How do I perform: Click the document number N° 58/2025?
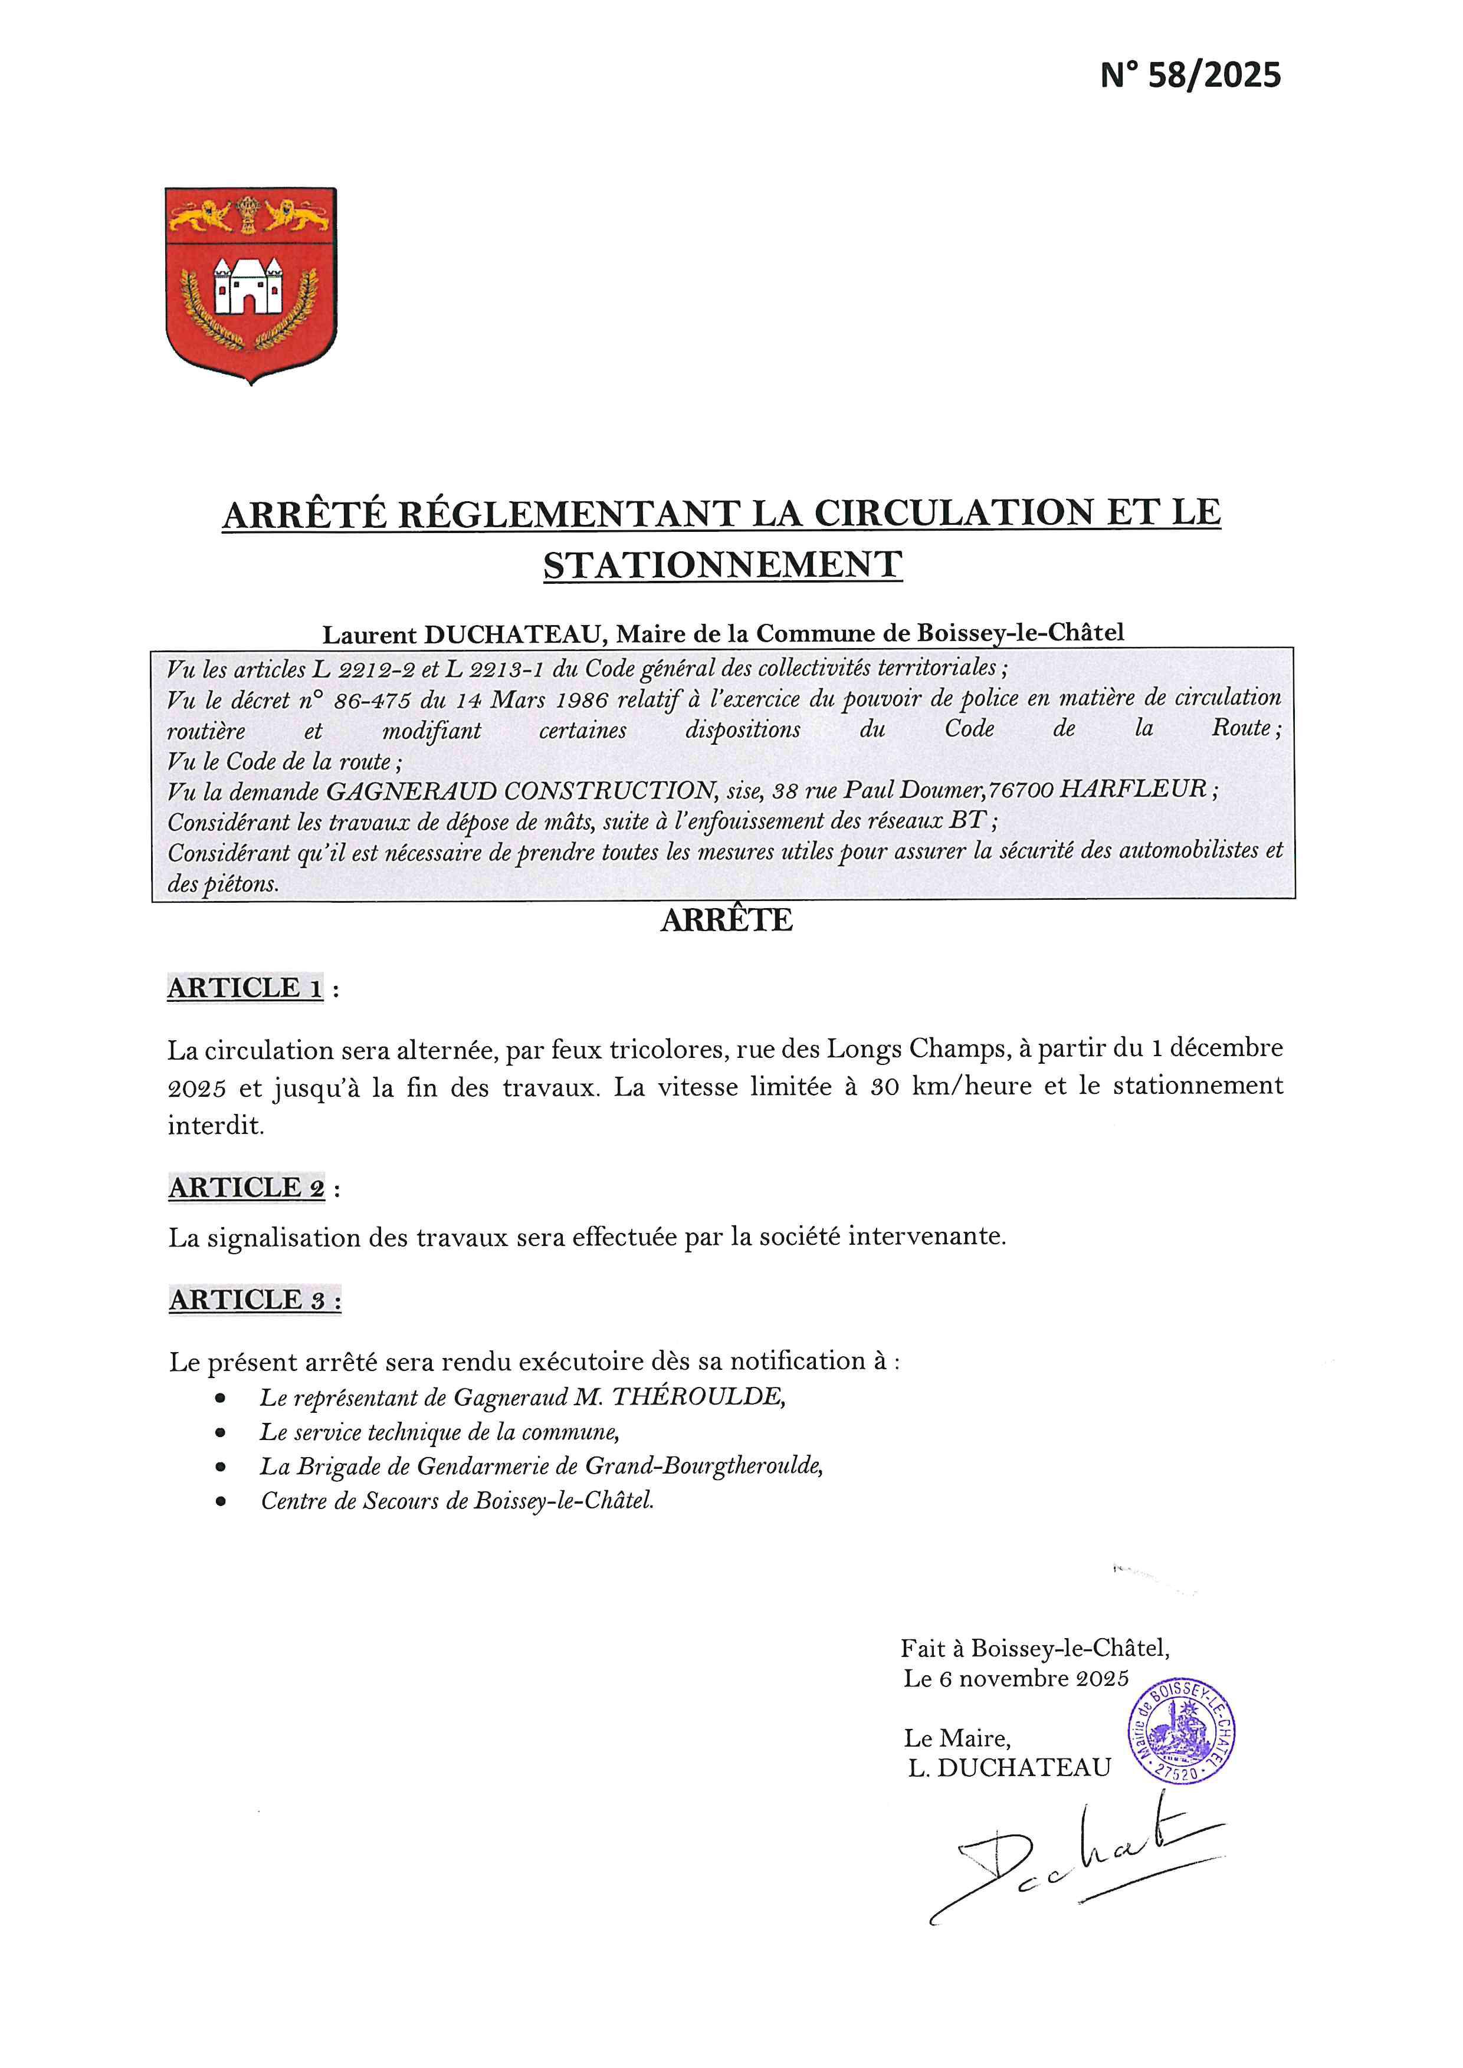tap(1189, 75)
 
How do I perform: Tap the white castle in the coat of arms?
tap(248, 284)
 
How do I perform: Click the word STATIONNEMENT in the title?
tap(723, 565)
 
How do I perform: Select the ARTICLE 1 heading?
tap(245, 988)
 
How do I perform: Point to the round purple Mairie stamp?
tap(1181, 1734)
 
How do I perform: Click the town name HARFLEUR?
tap(1133, 790)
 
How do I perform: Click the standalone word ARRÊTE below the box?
tap(726, 920)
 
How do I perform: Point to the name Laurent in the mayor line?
tap(369, 634)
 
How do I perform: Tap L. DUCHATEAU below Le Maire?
tap(1009, 1767)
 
